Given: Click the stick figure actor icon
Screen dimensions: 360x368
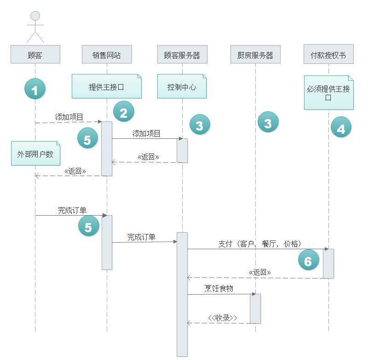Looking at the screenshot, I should pos(35,27).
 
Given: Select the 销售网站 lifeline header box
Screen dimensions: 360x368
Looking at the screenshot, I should pos(107,55).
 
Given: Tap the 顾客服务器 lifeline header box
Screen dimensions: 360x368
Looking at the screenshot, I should pos(182,55).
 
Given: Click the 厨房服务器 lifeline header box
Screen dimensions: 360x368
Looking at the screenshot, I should pos(255,55).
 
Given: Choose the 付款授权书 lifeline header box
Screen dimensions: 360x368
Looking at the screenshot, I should pos(328,55).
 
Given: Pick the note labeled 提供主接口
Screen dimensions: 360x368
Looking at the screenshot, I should pos(106,86).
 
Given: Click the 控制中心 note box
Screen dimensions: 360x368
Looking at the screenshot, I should pos(182,86).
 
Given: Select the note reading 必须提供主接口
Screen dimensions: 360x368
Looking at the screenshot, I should pos(328,93).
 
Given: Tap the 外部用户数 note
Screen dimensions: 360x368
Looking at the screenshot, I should pos(35,154).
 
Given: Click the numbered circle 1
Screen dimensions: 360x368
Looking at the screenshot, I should pos(35,89).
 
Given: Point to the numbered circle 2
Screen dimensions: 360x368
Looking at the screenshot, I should pos(123,112).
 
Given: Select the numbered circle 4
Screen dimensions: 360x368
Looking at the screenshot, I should pos(341,128).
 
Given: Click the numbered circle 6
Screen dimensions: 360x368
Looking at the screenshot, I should pos(308,261).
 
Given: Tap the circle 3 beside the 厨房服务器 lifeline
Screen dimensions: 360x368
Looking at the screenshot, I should pos(268,123).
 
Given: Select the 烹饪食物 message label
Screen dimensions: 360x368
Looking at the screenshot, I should pos(219,289).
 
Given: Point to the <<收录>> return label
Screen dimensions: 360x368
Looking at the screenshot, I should pos(223,318).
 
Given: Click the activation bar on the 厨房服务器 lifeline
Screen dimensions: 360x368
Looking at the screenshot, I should pos(255,308).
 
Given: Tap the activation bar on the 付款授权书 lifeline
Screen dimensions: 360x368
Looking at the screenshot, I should pos(328,263).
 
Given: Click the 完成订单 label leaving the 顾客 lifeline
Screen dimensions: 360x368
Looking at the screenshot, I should pos(72,210).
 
